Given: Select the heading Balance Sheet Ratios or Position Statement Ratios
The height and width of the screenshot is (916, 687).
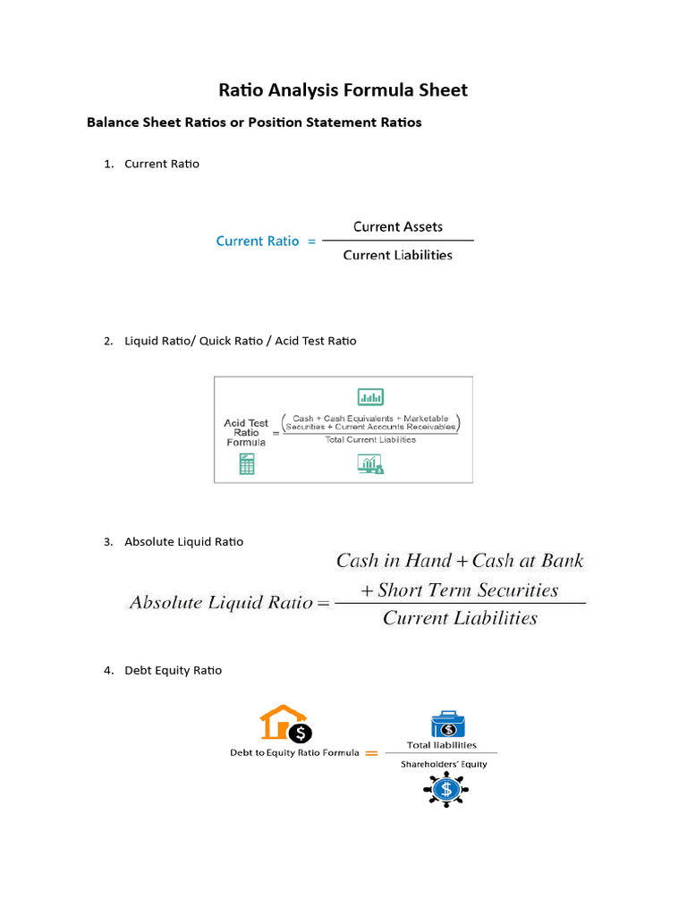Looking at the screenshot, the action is click(x=254, y=123).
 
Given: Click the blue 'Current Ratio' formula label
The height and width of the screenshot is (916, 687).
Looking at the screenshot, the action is click(x=258, y=241).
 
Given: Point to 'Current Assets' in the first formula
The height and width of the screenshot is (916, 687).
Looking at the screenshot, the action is click(x=397, y=226).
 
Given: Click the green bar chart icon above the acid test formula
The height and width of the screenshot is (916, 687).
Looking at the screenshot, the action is click(x=370, y=396).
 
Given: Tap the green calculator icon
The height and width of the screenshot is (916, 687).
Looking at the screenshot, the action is click(x=246, y=464).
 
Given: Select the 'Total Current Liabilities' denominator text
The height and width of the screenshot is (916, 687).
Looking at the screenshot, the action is click(x=370, y=439).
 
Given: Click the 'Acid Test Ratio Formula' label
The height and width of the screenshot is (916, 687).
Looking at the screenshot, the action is click(x=245, y=433).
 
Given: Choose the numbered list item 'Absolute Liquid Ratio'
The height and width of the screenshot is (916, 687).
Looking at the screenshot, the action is click(x=183, y=541).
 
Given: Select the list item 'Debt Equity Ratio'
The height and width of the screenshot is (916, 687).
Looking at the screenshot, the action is click(x=173, y=670).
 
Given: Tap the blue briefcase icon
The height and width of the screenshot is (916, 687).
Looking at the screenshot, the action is click(x=448, y=725).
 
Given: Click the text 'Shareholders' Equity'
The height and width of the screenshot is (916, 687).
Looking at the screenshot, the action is click(x=444, y=764).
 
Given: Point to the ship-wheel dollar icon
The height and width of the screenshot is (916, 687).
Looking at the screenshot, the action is click(x=445, y=790).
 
